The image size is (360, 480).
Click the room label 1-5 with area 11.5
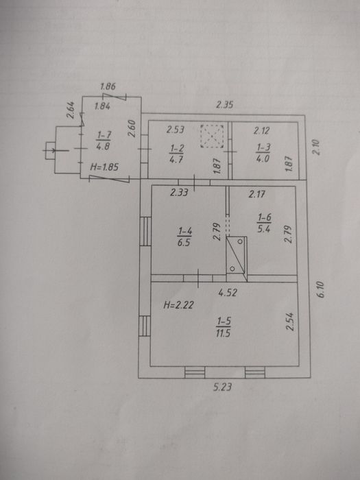click(x=224, y=327)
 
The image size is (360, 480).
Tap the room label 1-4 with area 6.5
click(x=184, y=237)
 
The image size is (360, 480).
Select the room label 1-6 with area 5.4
click(x=264, y=223)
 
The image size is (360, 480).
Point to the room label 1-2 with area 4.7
click(x=176, y=154)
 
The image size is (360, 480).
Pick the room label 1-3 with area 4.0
click(x=263, y=152)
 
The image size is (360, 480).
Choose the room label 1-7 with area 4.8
click(x=103, y=140)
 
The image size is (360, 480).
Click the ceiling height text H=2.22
click(x=178, y=305)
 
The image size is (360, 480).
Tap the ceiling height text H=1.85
click(x=104, y=167)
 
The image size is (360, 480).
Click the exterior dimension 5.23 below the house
click(x=222, y=387)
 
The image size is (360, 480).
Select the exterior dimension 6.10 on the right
click(x=320, y=289)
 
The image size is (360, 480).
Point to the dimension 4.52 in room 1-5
click(x=228, y=293)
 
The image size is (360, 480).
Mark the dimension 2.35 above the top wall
click(x=225, y=105)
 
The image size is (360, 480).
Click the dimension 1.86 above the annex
click(x=108, y=86)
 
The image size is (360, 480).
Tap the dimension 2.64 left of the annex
click(x=71, y=110)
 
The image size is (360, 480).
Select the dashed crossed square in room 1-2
click(x=212, y=136)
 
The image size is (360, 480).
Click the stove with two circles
click(x=237, y=254)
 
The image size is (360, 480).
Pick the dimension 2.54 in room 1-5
click(x=290, y=322)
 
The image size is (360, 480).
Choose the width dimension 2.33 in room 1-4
click(x=179, y=193)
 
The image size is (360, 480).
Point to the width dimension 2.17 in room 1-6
click(x=256, y=194)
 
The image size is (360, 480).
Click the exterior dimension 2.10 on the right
click(x=317, y=147)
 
